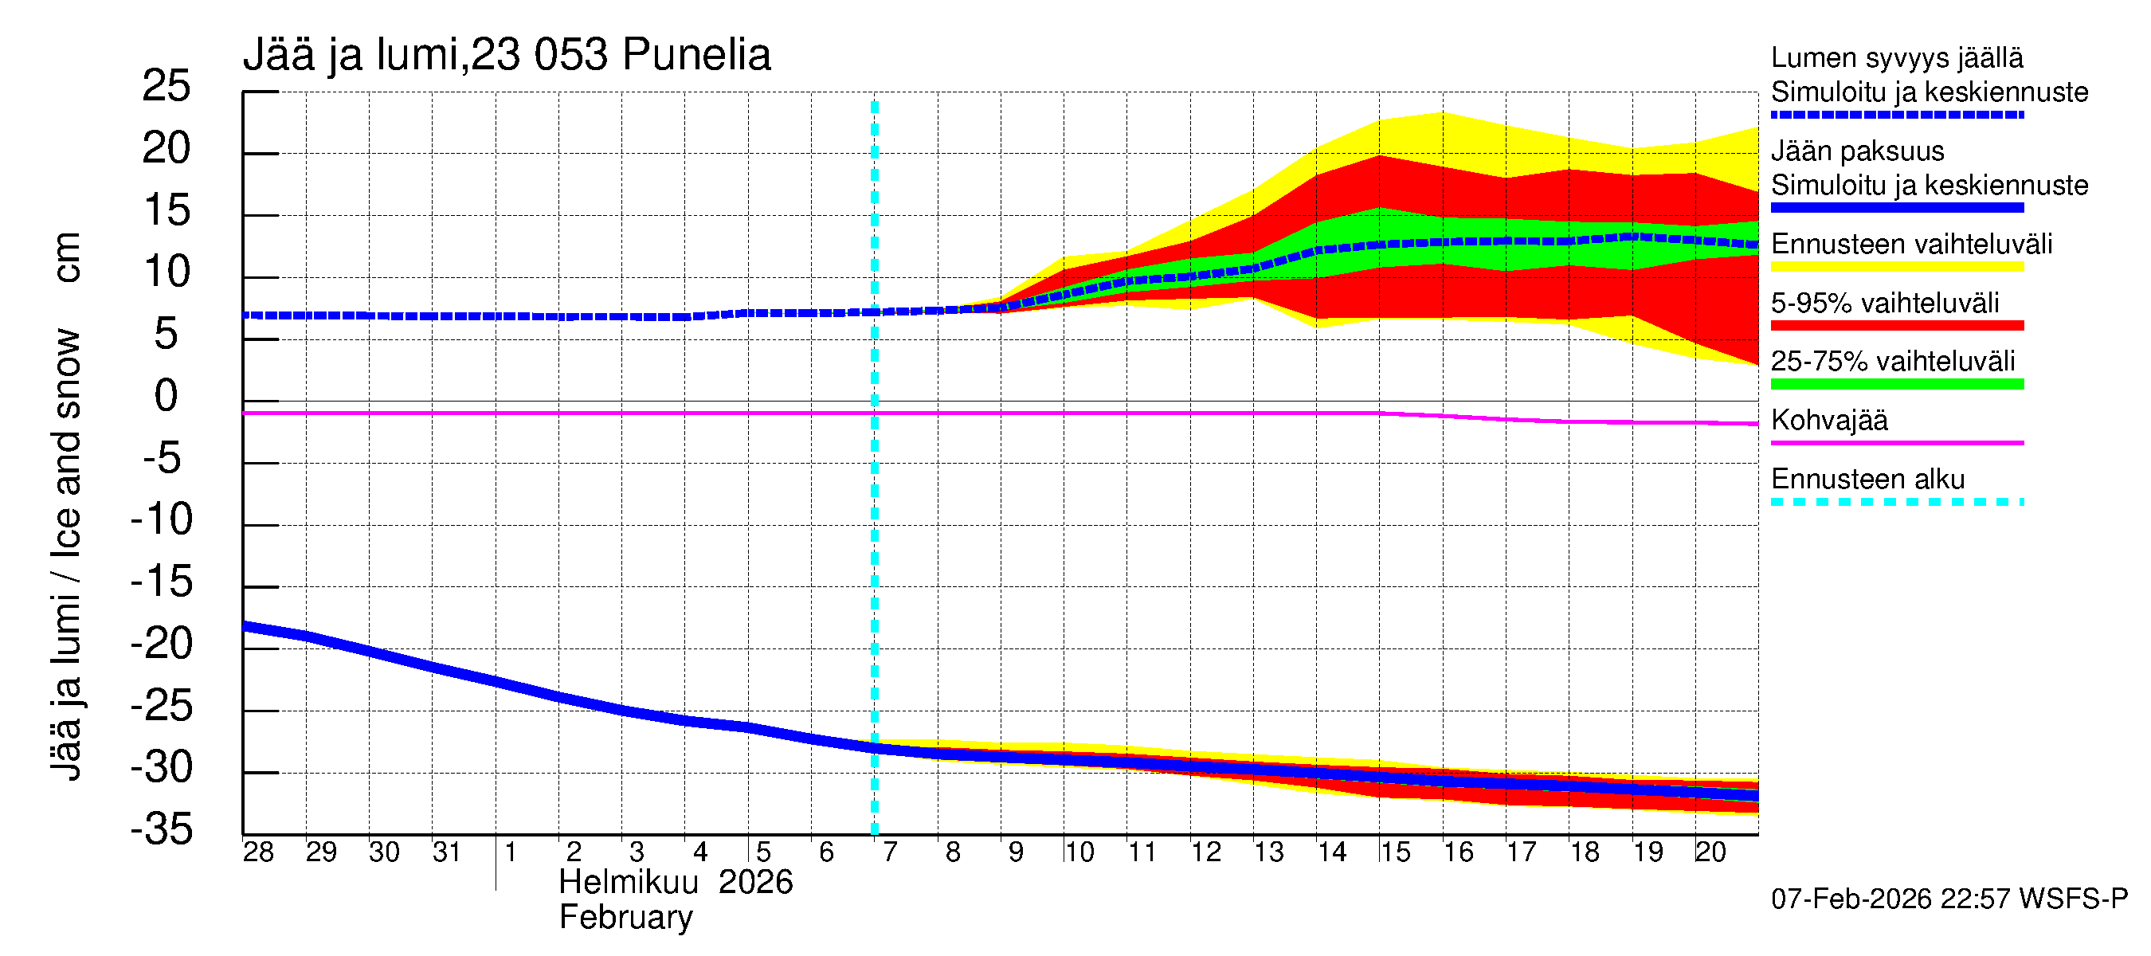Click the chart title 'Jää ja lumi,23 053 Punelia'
pos(506,55)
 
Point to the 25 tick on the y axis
pos(167,86)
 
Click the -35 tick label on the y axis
pos(161,830)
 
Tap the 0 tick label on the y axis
pos(167,396)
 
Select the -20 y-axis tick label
pos(161,644)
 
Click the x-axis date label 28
pos(258,852)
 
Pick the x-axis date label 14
pos(1332,852)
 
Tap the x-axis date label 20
pos(1710,852)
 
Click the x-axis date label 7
pos(890,852)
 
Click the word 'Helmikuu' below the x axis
pos(628,883)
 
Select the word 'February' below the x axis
pos(625,918)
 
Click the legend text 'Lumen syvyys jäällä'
pos(1896,57)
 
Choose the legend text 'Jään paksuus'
pos(1857,151)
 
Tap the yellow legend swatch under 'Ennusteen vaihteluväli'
pos(1896,267)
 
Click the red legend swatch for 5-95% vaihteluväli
pos(1896,326)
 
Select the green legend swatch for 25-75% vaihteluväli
pos(1896,384)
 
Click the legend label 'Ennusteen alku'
pos(1867,480)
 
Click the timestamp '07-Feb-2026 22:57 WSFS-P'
pos(1949,899)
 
